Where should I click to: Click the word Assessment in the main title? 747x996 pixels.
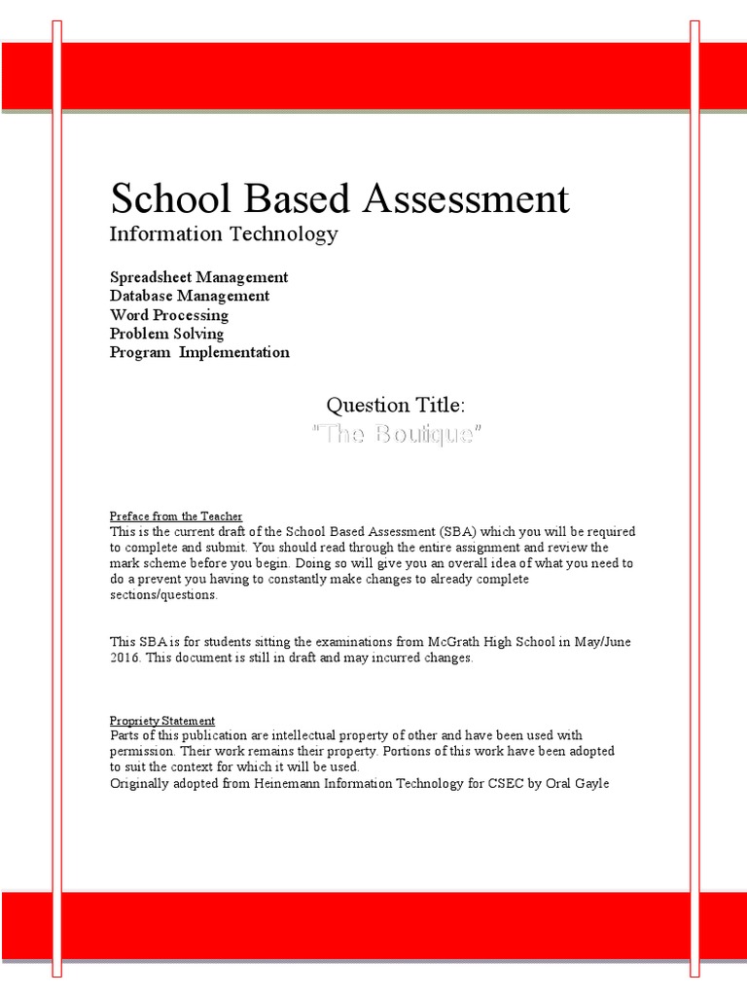click(x=466, y=198)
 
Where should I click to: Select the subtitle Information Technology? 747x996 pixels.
click(x=224, y=233)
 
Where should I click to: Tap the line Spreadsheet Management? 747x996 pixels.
click(x=198, y=277)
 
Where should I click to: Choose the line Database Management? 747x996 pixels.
click(x=190, y=296)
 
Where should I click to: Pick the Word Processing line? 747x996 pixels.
click(x=169, y=315)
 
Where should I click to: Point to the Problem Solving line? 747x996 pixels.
click(x=166, y=334)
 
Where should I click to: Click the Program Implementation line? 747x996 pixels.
click(x=199, y=352)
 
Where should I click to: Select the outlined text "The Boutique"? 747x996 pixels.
click(x=395, y=435)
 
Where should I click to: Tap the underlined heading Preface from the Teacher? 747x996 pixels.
click(x=176, y=516)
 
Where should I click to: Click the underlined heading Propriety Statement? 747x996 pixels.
click(x=162, y=721)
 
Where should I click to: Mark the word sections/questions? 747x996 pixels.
click(x=163, y=595)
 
